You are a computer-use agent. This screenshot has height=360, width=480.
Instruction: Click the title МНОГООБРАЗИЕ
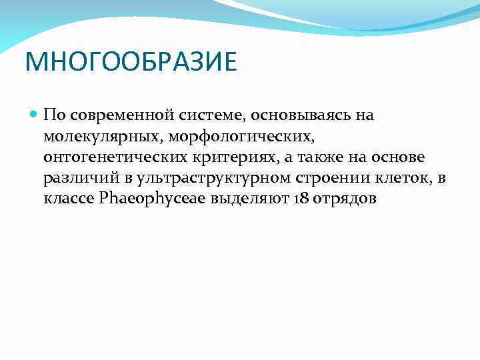coord(131,63)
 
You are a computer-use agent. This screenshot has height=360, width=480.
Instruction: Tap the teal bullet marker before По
coord(34,115)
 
